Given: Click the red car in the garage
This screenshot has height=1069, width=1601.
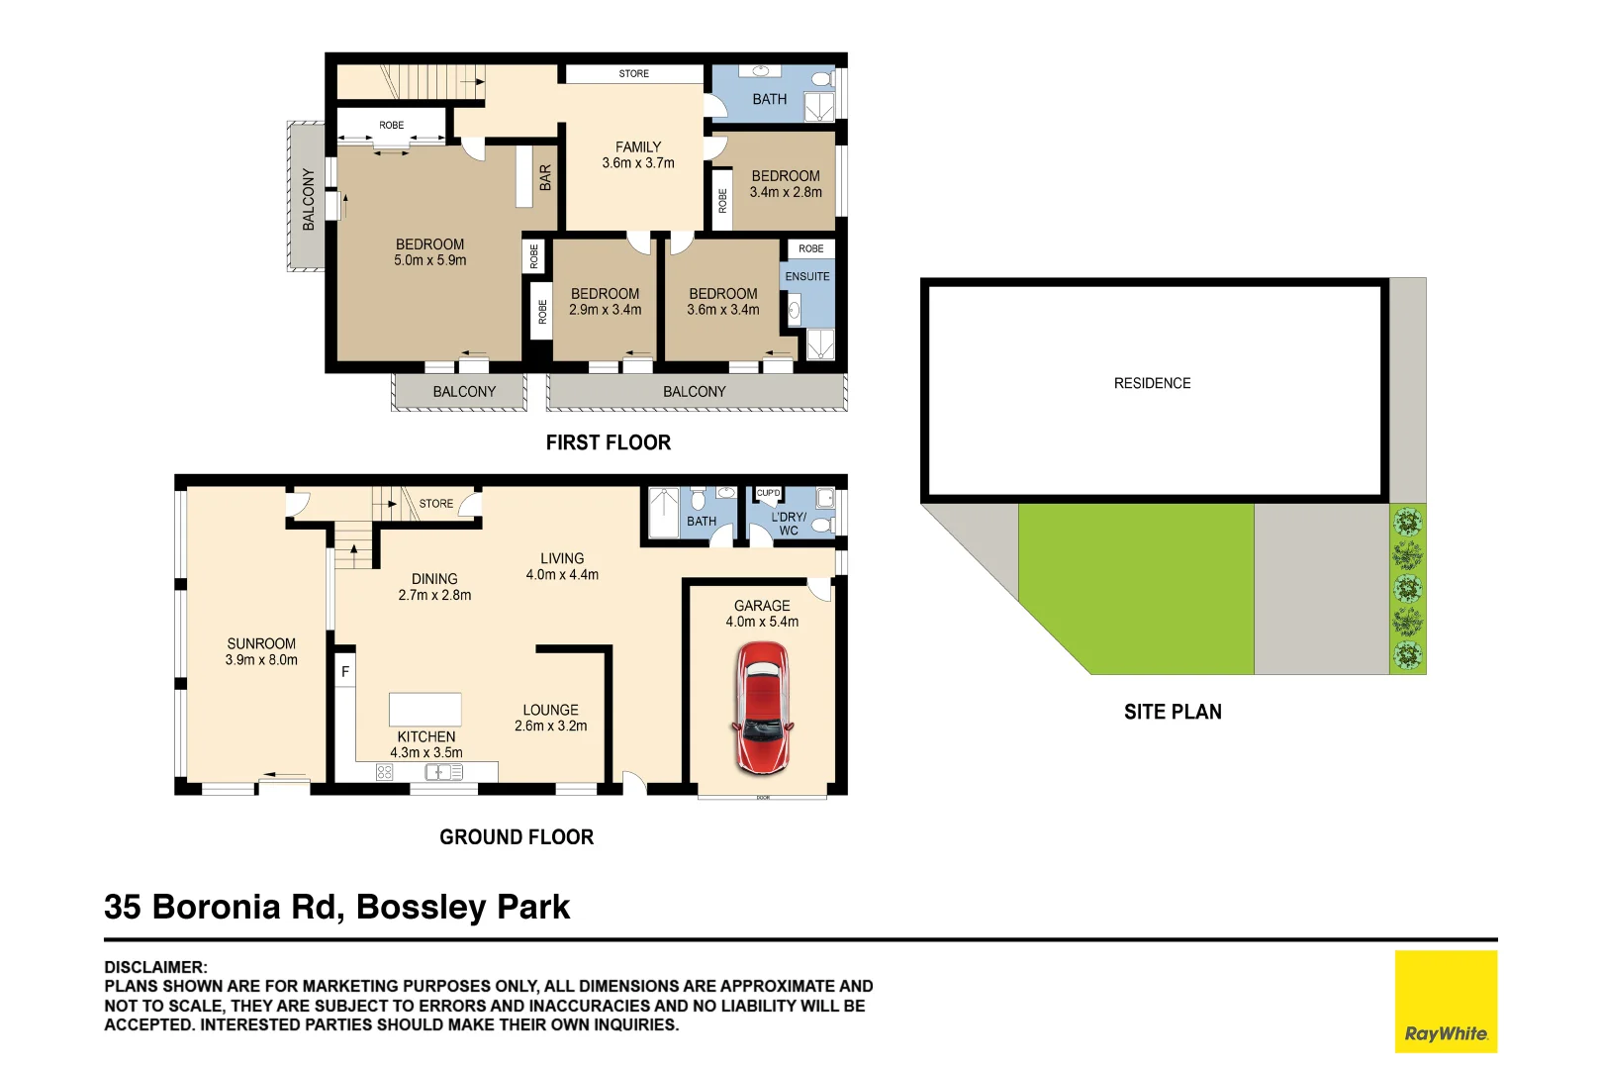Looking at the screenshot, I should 762,707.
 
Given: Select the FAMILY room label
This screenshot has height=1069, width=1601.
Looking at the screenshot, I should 638,154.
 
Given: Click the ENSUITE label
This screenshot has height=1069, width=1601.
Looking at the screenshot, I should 807,277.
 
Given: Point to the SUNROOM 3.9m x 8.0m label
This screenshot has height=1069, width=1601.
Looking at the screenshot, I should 261,651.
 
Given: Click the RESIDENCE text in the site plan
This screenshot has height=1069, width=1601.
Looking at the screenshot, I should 1152,383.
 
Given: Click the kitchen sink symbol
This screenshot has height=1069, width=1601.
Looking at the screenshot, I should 443,772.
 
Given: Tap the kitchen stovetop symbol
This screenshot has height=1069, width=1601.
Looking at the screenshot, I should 385,772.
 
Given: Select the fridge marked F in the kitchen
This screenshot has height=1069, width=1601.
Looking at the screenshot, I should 345,672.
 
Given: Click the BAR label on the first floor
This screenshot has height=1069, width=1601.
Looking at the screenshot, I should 545,178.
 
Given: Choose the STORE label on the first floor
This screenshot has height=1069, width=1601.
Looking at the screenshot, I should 633,74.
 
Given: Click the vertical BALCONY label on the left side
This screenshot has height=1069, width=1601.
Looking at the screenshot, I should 308,199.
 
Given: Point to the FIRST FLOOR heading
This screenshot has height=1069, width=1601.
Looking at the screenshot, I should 608,442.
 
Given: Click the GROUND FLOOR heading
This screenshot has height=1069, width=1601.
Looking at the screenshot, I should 517,837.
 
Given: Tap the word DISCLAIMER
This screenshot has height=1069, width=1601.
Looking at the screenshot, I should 156,967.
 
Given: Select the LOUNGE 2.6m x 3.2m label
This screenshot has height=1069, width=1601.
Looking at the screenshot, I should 550,718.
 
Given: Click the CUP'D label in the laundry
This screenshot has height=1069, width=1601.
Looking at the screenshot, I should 768,493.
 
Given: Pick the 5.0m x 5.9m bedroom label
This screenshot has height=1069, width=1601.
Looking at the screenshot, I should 429,252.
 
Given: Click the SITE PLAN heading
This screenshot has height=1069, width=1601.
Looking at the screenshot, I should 1173,712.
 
